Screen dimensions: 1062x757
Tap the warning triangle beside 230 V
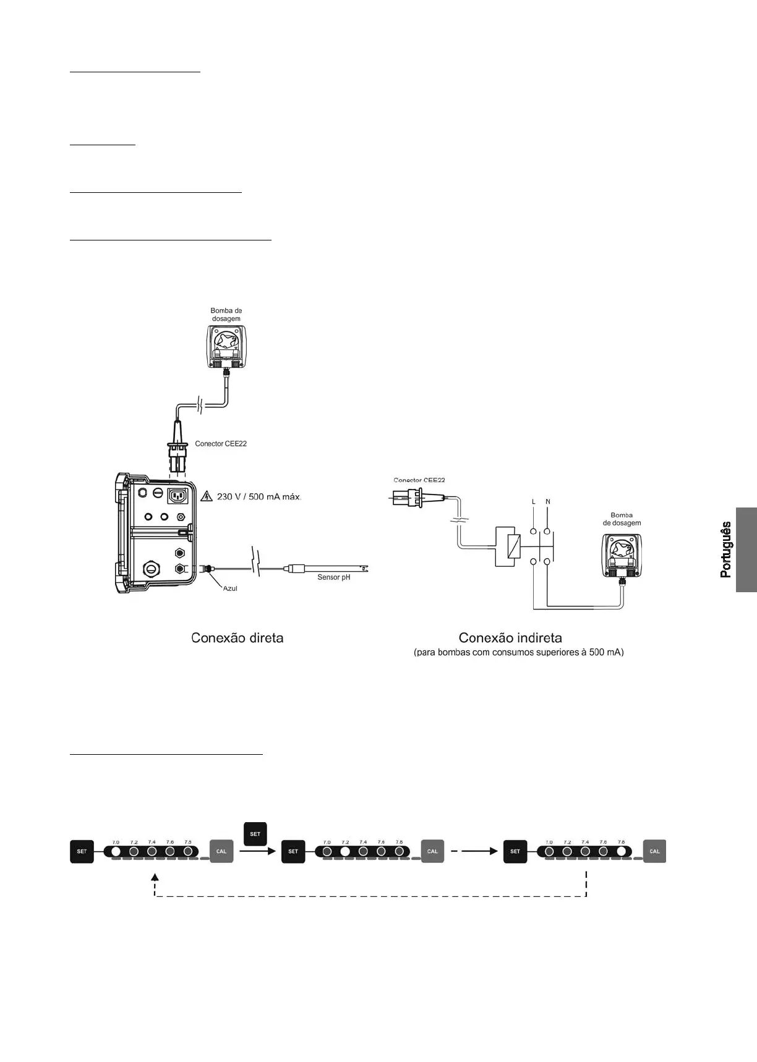point(207,496)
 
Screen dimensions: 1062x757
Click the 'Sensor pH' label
point(333,577)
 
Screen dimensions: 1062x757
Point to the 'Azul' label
point(230,588)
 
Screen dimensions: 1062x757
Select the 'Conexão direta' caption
point(237,638)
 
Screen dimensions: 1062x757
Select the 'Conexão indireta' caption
point(510,638)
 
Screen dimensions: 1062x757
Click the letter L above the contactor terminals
point(533,502)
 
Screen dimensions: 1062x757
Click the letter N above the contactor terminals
point(548,502)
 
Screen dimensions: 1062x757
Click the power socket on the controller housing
point(177,496)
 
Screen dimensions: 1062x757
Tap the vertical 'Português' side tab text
point(726,550)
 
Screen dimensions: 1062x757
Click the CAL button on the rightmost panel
point(654,851)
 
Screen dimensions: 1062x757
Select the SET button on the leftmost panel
point(82,851)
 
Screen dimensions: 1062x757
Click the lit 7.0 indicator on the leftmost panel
point(116,851)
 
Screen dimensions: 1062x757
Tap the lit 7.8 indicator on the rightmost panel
point(621,851)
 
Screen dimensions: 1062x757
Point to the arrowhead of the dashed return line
point(155,877)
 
